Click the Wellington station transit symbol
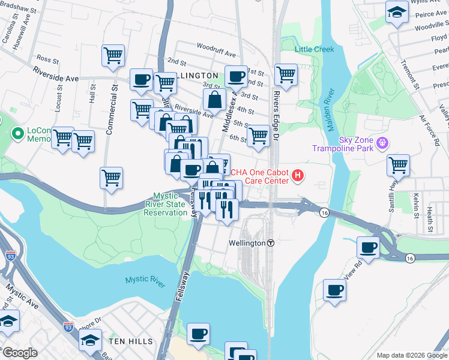click(271, 243)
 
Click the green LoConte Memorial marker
click(17, 133)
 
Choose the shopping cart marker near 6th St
click(258, 136)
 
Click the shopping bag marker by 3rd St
click(214, 101)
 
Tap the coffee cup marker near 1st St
click(235, 77)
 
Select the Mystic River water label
click(145, 280)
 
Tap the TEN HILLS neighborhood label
click(131, 341)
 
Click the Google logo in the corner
click(20, 353)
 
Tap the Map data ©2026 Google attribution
click(411, 355)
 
